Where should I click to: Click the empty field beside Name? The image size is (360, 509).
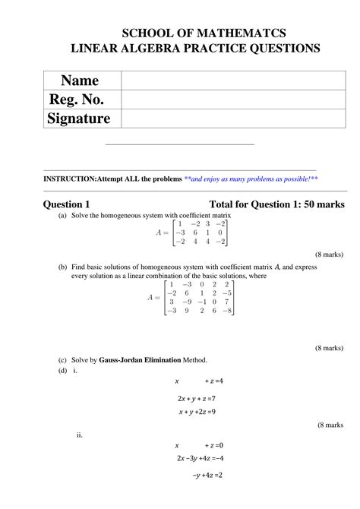[x=233, y=81]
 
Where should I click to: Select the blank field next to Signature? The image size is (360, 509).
[x=233, y=119]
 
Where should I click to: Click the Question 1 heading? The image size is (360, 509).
[x=67, y=204]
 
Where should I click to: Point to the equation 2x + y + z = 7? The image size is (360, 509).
[x=197, y=398]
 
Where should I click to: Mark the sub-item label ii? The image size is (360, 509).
[x=80, y=435]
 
